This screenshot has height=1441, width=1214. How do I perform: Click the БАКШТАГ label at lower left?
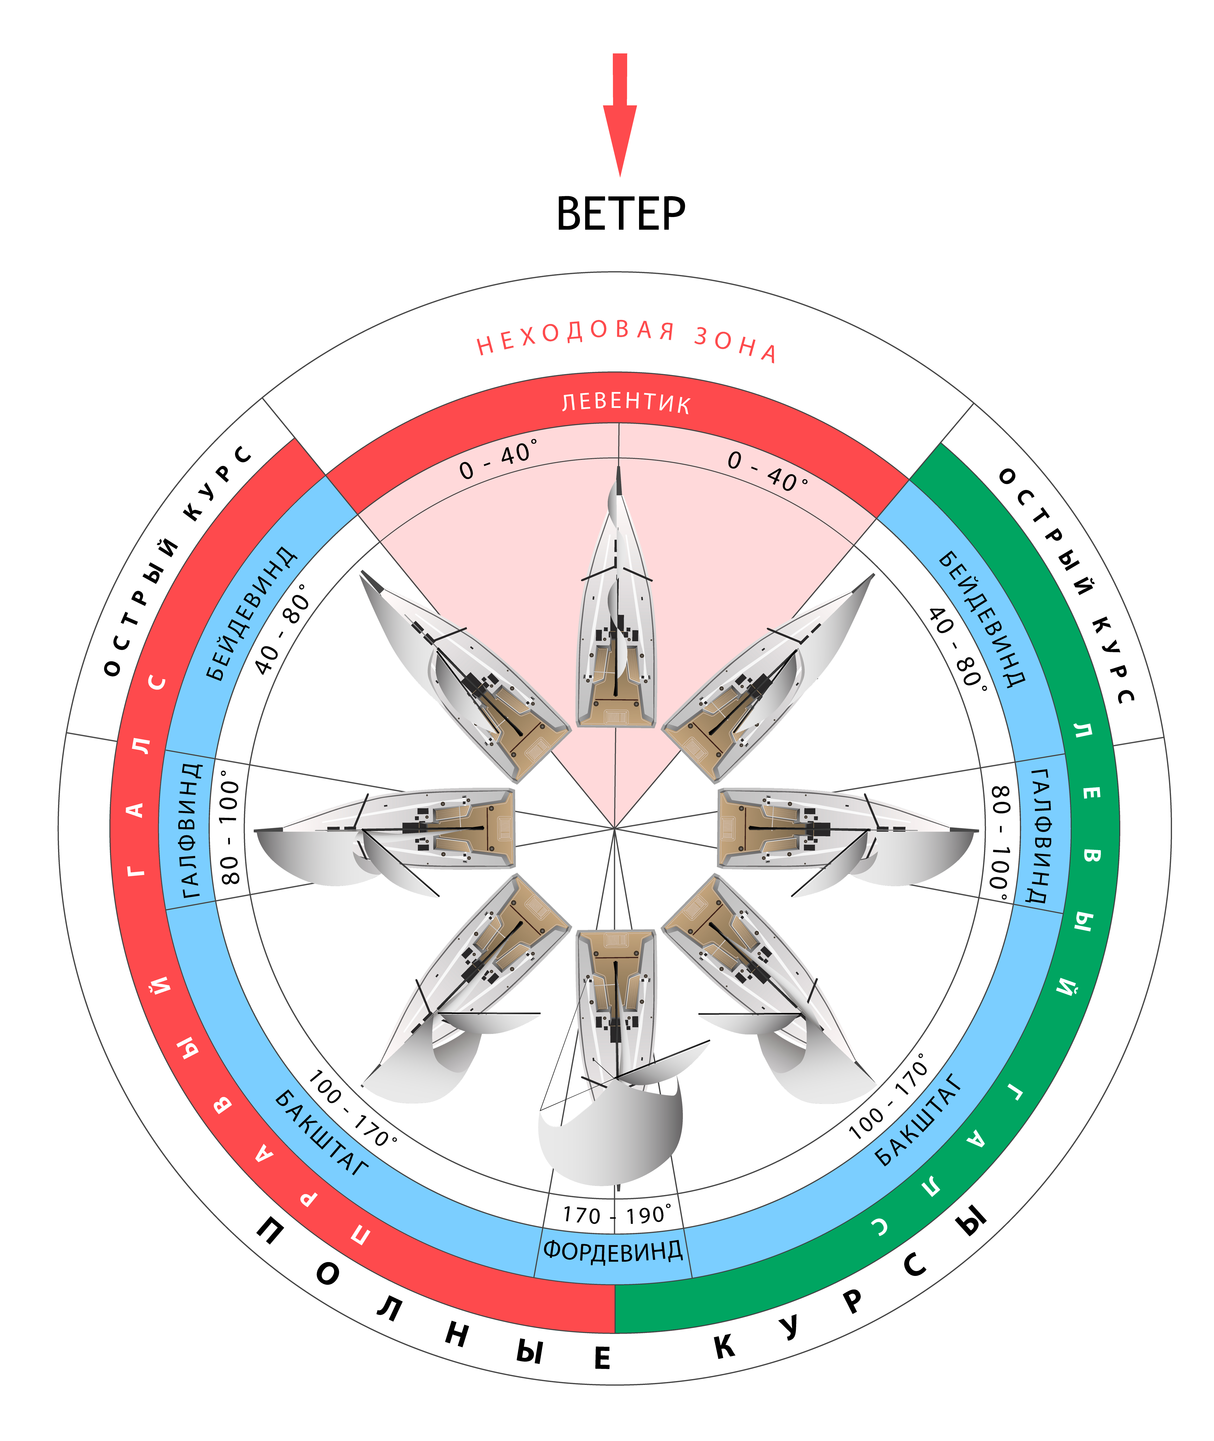tap(321, 1132)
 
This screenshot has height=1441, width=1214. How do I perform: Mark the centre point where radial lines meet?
tap(615, 828)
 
